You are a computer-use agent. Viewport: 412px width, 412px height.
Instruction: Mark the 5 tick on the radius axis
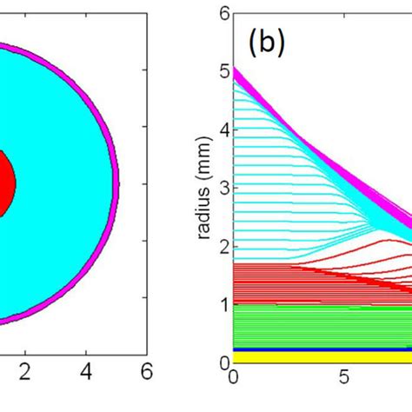223,72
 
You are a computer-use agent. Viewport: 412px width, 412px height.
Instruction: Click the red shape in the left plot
6,183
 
